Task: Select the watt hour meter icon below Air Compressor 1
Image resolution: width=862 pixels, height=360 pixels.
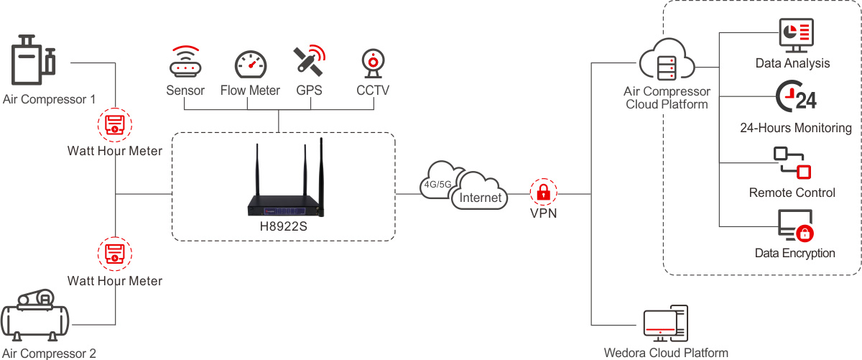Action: tap(115, 126)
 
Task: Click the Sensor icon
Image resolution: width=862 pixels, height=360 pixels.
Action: tap(185, 63)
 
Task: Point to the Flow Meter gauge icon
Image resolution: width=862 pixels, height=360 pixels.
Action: tap(250, 65)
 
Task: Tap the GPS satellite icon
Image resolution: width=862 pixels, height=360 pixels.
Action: tap(309, 61)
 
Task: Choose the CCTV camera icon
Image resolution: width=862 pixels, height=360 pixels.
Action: tap(373, 63)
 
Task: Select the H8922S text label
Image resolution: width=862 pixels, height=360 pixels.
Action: tap(283, 226)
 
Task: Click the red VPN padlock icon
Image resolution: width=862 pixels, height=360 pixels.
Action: tap(544, 192)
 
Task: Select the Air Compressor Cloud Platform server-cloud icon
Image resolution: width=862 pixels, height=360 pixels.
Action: tap(667, 63)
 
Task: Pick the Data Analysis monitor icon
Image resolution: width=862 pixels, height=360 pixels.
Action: tap(795, 36)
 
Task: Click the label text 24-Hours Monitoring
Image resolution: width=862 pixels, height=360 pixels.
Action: tap(795, 128)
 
